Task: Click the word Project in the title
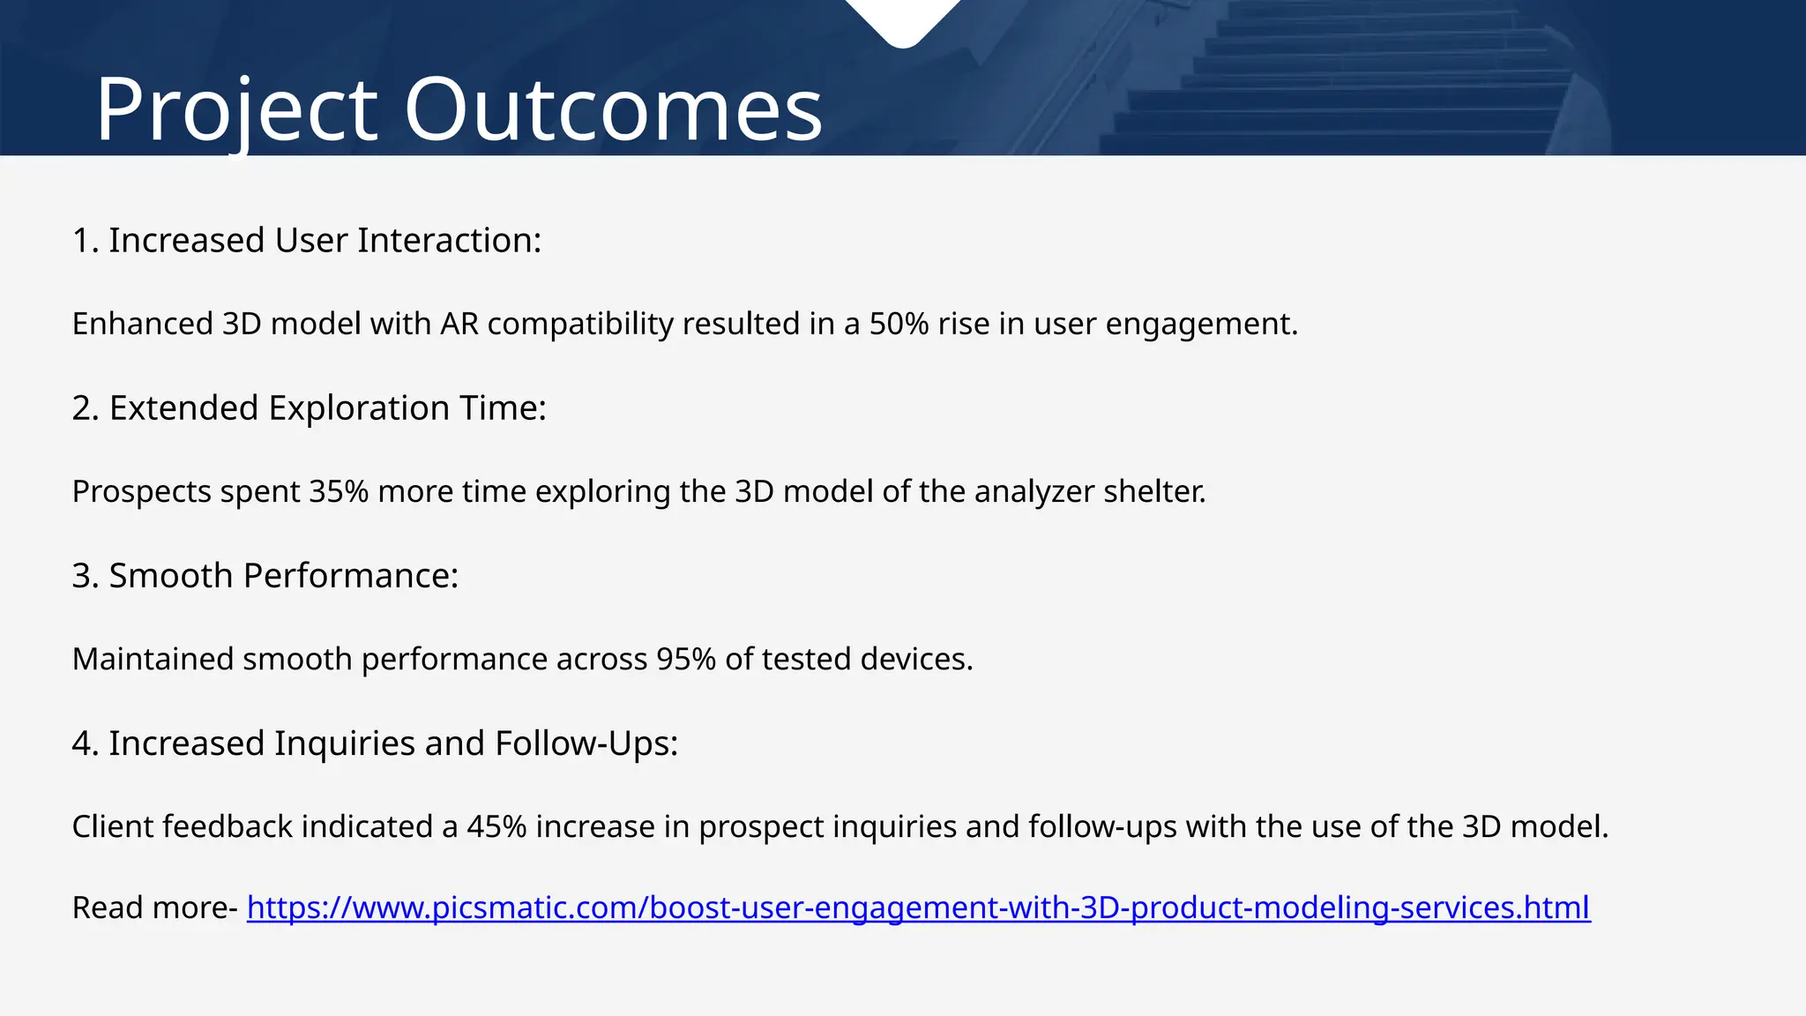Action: tap(236, 111)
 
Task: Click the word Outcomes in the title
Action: tap(613, 111)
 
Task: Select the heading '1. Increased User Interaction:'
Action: tap(306, 241)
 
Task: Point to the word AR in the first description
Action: tap(459, 324)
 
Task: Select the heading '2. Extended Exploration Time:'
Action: tap(309, 408)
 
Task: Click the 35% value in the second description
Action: tap(339, 491)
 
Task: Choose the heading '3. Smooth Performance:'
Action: tap(265, 576)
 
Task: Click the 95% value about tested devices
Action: tap(686, 659)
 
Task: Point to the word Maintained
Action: tap(153, 659)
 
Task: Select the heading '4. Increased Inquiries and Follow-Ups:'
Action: tap(375, 743)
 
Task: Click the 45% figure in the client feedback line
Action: tap(496, 826)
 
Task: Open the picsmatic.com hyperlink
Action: tap(918, 908)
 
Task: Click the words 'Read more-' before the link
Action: tap(154, 908)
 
